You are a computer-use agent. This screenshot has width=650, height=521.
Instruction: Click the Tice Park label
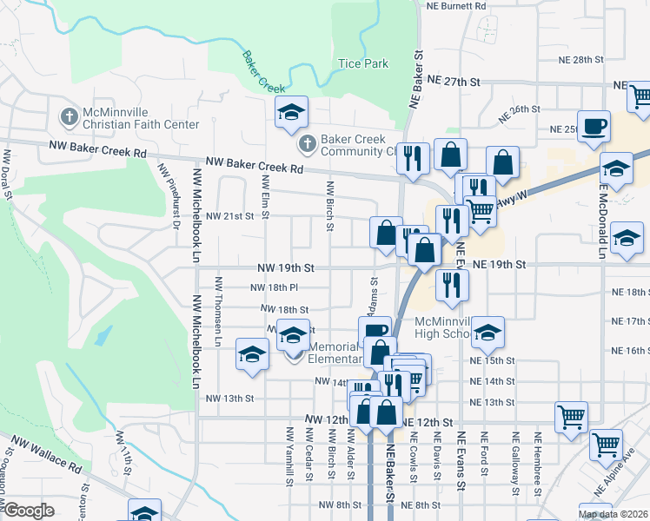(x=362, y=63)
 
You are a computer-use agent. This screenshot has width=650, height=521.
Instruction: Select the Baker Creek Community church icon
(x=305, y=142)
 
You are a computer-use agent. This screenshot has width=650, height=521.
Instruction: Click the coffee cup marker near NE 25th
(x=594, y=126)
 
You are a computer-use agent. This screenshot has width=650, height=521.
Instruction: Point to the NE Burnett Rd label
(x=456, y=5)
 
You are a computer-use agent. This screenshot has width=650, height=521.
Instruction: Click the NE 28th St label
(x=582, y=59)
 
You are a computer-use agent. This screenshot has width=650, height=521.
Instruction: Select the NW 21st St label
(x=230, y=215)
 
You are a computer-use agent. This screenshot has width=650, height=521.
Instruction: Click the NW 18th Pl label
(x=274, y=287)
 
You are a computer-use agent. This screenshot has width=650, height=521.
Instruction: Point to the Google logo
(x=29, y=511)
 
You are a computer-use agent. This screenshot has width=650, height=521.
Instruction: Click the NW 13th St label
(x=229, y=399)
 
